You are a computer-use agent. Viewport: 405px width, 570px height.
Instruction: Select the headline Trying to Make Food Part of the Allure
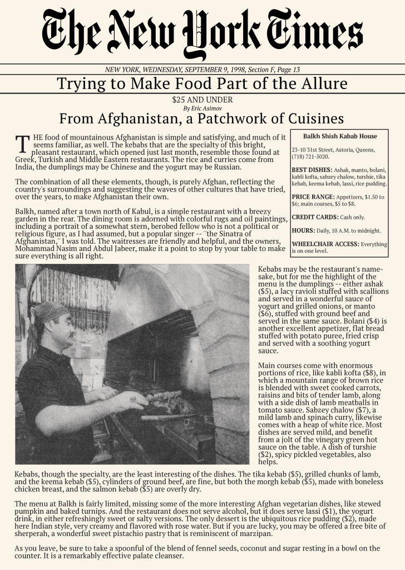click(202, 84)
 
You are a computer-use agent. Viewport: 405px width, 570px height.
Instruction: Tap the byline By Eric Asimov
click(202, 108)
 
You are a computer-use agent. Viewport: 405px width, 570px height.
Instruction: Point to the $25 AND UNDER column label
click(202, 100)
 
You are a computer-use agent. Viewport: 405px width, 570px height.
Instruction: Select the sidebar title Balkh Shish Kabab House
click(340, 136)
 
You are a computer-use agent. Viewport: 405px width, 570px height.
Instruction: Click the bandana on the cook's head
click(51, 311)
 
